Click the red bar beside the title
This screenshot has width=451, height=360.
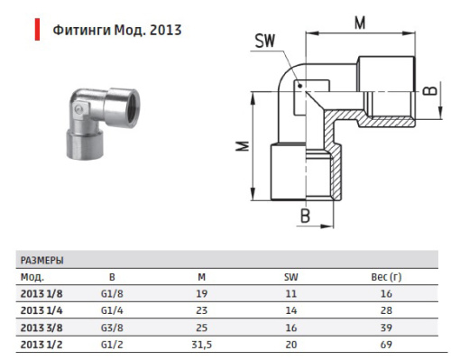tap(37, 30)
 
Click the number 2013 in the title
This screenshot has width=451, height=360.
tap(166, 30)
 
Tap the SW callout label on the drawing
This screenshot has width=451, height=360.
tap(265, 41)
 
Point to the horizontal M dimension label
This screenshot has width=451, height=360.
tap(360, 23)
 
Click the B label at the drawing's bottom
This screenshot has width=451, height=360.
tap(305, 216)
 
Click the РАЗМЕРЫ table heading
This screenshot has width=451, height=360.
tap(41, 261)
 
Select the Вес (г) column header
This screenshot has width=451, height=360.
tap(386, 277)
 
